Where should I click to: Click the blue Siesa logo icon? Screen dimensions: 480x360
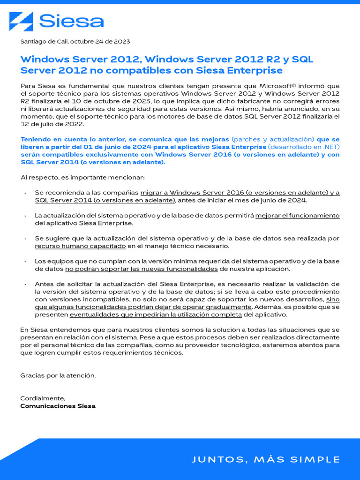click(22, 22)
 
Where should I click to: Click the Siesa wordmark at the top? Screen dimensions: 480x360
click(71, 22)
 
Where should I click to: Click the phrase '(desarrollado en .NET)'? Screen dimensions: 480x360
click(304, 147)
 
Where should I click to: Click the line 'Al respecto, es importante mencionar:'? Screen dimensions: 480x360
click(82, 178)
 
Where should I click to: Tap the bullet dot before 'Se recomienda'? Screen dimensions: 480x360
click(25, 193)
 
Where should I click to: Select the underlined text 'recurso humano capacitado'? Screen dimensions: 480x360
click(80, 246)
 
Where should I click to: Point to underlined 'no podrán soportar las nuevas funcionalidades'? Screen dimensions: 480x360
click(141, 269)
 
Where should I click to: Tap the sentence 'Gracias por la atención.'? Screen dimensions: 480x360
click(58, 375)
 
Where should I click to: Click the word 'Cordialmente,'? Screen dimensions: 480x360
click(43, 398)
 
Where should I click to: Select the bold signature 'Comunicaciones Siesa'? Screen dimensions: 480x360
click(58, 406)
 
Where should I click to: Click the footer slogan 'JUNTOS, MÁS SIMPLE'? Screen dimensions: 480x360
click(266, 459)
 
